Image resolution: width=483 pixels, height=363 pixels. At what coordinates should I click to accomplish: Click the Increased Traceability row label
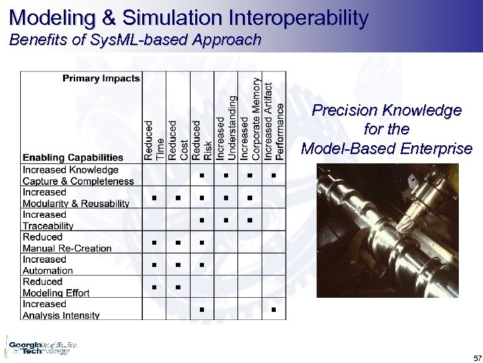48,220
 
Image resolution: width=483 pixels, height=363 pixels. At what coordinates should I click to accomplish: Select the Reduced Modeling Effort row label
56,287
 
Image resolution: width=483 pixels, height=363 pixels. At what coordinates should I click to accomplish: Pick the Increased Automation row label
48,265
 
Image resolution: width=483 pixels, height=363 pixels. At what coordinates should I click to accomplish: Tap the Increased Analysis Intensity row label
61,309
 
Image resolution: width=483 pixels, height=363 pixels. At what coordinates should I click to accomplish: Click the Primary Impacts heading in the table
101,78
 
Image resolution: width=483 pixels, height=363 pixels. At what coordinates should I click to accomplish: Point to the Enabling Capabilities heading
73,157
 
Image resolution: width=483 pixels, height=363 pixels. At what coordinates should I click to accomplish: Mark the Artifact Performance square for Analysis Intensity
274,309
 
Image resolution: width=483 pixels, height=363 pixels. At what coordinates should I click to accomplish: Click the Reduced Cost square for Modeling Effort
178,287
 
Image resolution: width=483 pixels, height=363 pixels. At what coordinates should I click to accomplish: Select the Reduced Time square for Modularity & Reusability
154,198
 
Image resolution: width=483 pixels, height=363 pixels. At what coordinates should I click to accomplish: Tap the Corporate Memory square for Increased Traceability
250,220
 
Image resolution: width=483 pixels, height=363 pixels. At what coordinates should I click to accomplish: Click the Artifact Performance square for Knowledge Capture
274,176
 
